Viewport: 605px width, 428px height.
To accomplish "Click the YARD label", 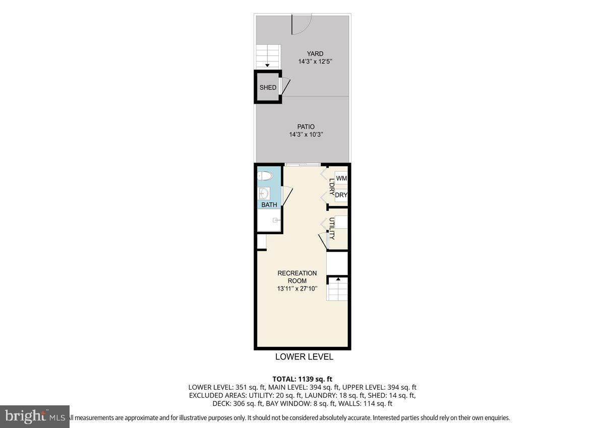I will tap(315, 54).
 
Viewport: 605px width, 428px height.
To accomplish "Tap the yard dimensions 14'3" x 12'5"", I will tap(315, 62).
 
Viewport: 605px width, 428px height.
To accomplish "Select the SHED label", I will tap(268, 88).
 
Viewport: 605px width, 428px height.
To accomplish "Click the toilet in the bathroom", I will tap(265, 176).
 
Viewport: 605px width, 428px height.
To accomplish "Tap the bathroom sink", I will tap(264, 193).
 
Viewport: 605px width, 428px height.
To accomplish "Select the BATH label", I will tap(269, 205).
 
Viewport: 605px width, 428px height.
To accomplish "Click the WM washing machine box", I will tap(341, 179).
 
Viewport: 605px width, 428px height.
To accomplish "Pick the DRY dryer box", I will tap(341, 195).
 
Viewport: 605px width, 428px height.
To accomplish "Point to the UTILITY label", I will tap(332, 229).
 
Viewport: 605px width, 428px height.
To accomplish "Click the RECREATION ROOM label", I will tap(297, 277).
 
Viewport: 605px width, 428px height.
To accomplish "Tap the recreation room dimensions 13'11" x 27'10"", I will tap(297, 289).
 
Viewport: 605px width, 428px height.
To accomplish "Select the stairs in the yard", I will tap(267, 55).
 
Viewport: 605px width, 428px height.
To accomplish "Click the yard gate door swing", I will tap(301, 24).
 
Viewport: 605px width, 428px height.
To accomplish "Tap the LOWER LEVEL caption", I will tap(304, 357).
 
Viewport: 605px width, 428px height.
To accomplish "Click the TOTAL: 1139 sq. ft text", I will tap(302, 379).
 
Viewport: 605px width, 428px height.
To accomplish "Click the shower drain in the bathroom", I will tap(275, 220).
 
